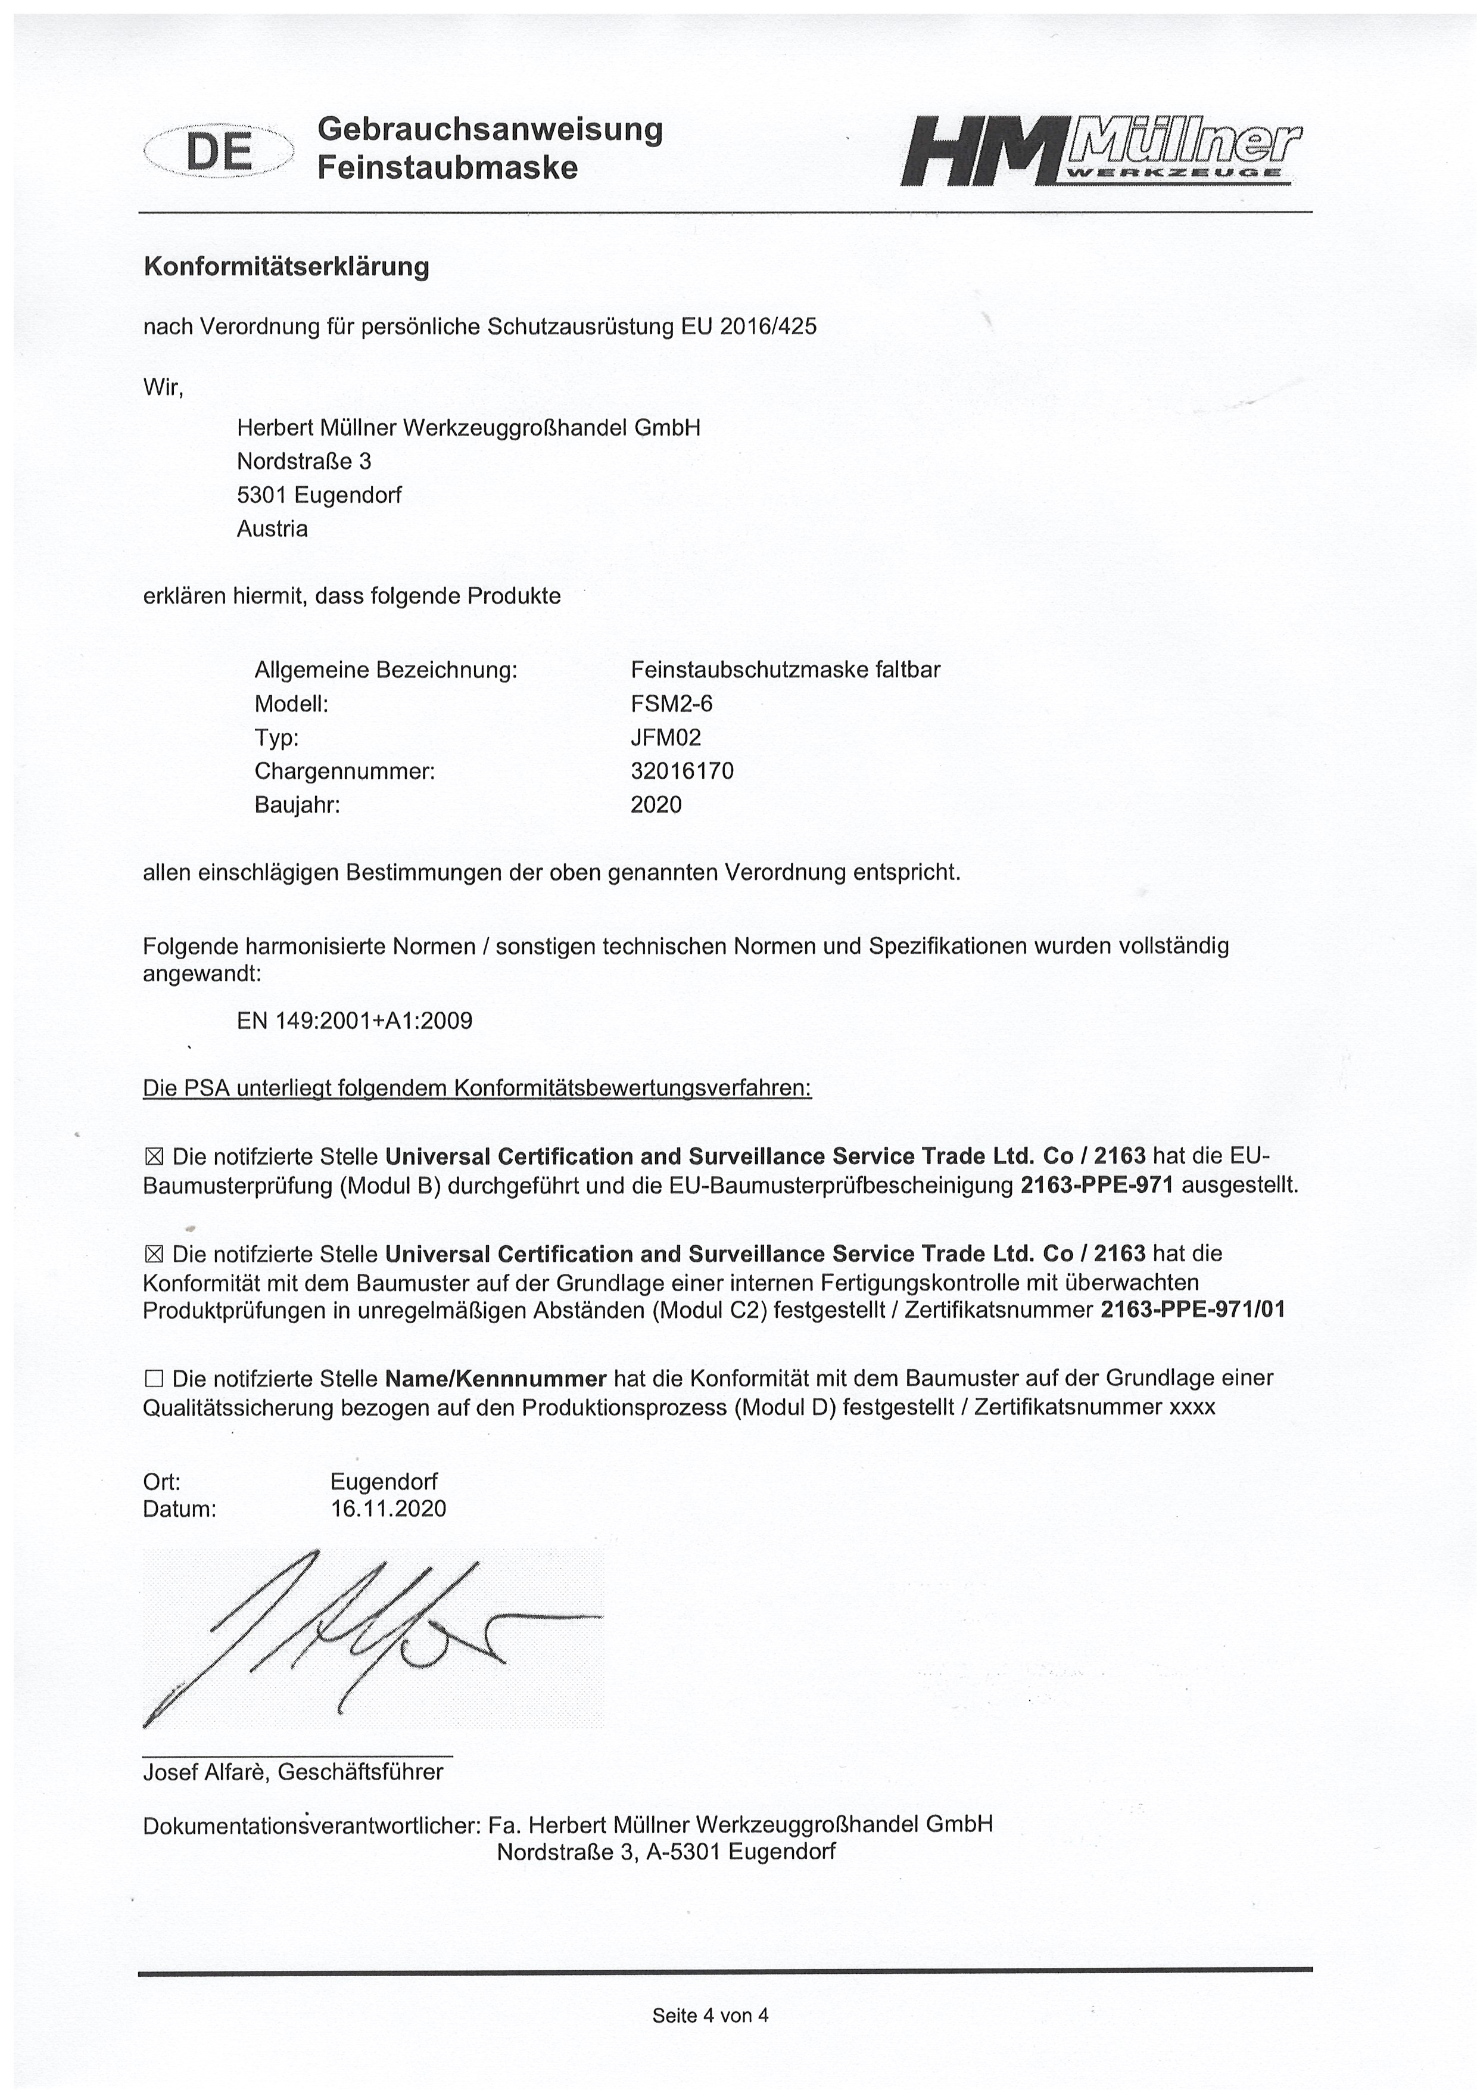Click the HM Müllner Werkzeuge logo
pos(1099,150)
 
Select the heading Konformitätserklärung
pos(286,267)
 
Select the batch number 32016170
pos(681,771)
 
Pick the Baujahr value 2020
pos(655,805)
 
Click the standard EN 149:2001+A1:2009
pos(354,1021)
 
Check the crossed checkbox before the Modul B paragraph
pos(153,1157)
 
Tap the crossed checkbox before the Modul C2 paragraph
pos(153,1254)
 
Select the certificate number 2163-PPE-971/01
pos(1192,1310)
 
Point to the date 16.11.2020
pos(388,1509)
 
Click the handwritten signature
pos(364,1634)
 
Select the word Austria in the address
pos(272,529)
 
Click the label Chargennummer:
pos(345,771)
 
